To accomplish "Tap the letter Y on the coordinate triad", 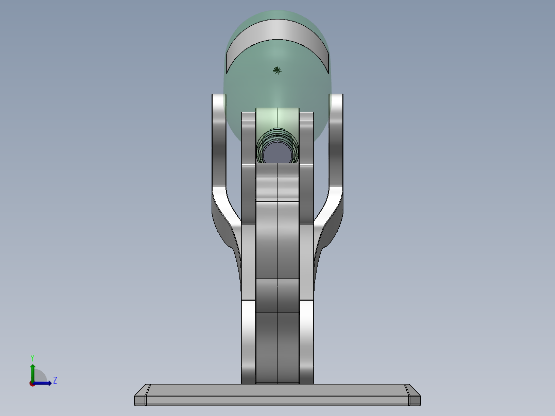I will (x=32, y=358).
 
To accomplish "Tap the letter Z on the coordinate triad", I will (x=55, y=380).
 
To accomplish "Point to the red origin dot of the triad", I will (x=32, y=383).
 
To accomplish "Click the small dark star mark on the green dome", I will (x=277, y=70).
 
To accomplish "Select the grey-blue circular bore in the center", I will (x=277, y=153).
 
